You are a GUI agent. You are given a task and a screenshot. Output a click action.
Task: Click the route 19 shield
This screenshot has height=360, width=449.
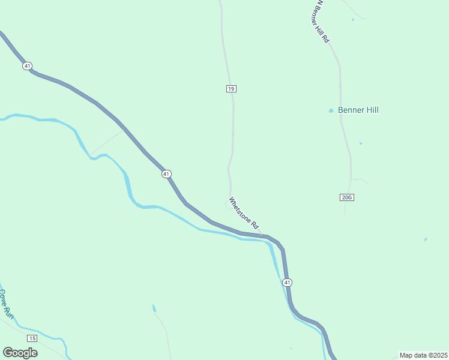point(231,89)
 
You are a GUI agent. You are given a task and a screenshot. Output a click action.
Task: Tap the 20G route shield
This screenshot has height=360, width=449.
point(346,197)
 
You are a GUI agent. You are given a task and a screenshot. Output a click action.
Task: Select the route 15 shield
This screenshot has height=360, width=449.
point(32,338)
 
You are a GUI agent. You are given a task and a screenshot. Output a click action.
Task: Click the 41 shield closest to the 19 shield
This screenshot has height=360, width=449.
point(166,173)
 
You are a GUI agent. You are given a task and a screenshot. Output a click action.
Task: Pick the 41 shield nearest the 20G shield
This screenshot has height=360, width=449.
point(288,283)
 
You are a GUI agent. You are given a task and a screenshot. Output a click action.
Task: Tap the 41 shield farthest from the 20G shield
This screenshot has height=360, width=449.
point(27,65)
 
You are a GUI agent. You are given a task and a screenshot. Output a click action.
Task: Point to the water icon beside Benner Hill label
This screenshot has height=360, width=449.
point(331,110)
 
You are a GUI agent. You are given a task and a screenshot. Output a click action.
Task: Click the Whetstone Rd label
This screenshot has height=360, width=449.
point(244,214)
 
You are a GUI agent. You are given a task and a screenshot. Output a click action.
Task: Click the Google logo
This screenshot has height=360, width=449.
point(20,353)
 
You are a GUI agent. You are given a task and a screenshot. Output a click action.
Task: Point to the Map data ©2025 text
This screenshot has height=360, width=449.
point(423,355)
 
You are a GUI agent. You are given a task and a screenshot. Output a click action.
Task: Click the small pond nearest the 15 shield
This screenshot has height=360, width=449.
point(154,309)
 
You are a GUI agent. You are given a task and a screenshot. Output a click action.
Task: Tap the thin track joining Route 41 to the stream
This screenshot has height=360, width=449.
point(107,142)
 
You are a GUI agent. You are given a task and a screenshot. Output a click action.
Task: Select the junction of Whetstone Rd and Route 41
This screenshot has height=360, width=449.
point(262,235)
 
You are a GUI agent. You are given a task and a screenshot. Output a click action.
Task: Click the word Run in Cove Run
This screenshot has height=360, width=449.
point(8,311)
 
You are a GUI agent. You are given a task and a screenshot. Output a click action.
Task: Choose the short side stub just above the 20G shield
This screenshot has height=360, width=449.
point(359,179)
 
